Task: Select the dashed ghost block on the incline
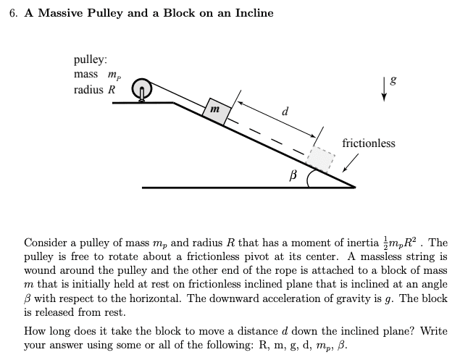[x=321, y=159]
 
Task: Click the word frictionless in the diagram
[x=368, y=143]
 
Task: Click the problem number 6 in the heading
[x=14, y=13]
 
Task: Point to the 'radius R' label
[x=94, y=91]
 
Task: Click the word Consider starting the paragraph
[x=46, y=243]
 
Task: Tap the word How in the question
[x=35, y=331]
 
